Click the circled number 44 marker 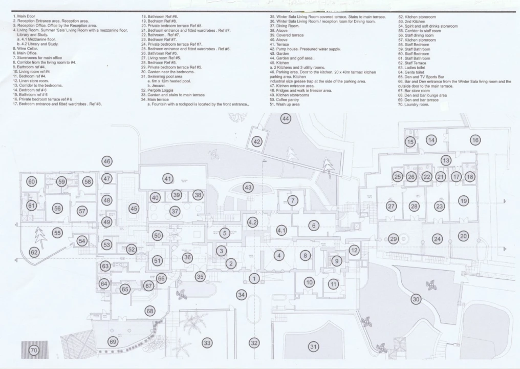coord(286,119)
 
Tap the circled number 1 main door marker coord(254,278)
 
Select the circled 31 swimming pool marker coord(313,347)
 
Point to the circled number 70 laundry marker coord(34,351)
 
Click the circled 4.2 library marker coord(252,222)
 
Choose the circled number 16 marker coord(475,140)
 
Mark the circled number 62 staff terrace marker coord(34,252)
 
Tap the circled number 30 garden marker coord(416,299)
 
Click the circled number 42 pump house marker coord(257,141)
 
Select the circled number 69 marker coord(113,341)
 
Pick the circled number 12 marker coord(354,250)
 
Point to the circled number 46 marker coord(106,161)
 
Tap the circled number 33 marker coord(207,342)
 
